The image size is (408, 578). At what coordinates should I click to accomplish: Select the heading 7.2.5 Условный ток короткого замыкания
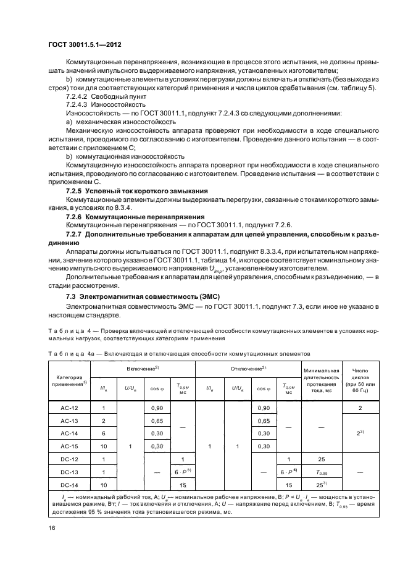(x=137, y=191)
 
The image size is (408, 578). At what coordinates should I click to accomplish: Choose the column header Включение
(x=143, y=368)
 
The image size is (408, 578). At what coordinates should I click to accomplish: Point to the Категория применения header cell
(x=69, y=380)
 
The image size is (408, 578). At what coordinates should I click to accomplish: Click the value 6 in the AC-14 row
(x=104, y=433)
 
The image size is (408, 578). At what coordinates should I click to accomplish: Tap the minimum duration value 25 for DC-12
(x=320, y=459)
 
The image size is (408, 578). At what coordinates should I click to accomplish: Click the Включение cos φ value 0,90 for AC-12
(x=158, y=408)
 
